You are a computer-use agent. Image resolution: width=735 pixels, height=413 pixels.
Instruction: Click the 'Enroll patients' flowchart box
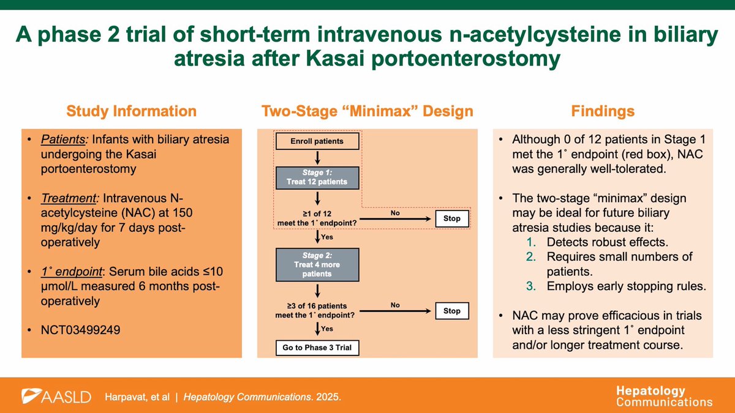[316, 141]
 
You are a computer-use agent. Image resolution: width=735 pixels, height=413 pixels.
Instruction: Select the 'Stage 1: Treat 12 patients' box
[316, 177]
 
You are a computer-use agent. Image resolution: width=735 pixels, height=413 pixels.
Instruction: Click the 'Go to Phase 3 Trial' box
[316, 348]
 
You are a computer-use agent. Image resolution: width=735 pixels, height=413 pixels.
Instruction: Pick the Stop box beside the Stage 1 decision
[451, 218]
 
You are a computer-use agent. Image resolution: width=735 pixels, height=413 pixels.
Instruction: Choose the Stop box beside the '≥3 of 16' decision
[451, 311]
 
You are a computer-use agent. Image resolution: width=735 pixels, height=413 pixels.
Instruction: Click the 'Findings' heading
[603, 111]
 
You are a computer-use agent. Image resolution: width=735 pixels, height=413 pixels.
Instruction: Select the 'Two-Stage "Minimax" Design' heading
[367, 111]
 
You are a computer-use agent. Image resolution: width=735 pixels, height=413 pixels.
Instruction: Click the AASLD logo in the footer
[56, 396]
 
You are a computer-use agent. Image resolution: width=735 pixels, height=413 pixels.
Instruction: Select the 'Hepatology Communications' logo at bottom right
[664, 396]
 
